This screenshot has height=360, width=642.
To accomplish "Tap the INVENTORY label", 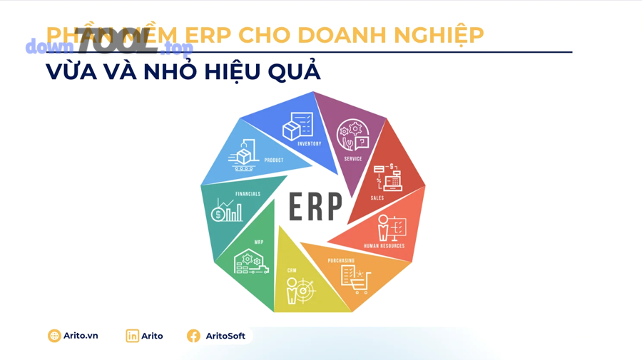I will pyautogui.click(x=310, y=144).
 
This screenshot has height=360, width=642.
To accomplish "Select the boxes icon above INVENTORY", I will pyautogui.click(x=297, y=126).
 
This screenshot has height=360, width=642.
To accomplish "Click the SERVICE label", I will pyautogui.click(x=353, y=159).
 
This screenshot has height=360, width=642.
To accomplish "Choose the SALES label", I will pyautogui.click(x=377, y=198).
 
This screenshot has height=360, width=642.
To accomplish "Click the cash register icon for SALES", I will pyautogui.click(x=389, y=178).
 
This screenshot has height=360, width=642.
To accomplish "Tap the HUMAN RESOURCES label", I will pyautogui.click(x=384, y=246).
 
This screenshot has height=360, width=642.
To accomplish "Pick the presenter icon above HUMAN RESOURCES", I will pyautogui.click(x=392, y=228).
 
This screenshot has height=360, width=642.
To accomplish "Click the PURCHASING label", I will pyautogui.click(x=341, y=261).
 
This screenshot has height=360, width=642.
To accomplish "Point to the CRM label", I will pyautogui.click(x=292, y=271).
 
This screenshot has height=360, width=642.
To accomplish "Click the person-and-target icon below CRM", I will pyautogui.click(x=300, y=291).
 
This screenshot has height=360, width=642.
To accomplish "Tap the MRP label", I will pyautogui.click(x=259, y=242).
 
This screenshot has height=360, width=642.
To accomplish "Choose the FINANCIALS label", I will pyautogui.click(x=248, y=194).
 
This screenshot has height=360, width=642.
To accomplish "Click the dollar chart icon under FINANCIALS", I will pyautogui.click(x=227, y=211).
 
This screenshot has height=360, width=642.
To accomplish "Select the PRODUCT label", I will pyautogui.click(x=274, y=160).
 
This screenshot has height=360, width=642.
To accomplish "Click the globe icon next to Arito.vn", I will pyautogui.click(x=54, y=336).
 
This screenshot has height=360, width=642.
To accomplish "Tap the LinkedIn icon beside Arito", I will pyautogui.click(x=132, y=336).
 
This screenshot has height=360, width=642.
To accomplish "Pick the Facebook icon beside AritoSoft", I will pyautogui.click(x=193, y=336).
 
